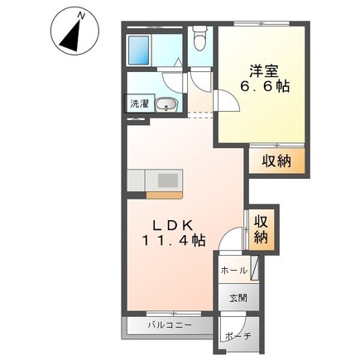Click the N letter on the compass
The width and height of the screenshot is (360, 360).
[81, 17]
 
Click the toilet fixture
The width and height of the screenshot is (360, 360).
[199, 38]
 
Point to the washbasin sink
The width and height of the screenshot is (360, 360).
[166, 105]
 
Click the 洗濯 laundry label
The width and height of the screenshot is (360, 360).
[140, 103]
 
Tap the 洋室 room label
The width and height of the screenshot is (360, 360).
[264, 71]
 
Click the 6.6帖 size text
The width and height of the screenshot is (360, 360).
[265, 87]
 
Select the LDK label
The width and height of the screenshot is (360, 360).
[173, 226]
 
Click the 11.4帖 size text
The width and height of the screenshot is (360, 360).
[174, 241]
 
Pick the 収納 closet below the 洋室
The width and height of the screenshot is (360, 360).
[277, 161]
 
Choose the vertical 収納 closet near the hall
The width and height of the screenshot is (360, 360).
[262, 229]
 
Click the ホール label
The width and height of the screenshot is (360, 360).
[233, 271]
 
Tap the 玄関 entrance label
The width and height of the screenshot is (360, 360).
[238, 298]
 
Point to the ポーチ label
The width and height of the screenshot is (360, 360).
[238, 336]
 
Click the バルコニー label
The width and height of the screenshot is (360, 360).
[170, 325]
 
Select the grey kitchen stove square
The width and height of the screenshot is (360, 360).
[168, 180]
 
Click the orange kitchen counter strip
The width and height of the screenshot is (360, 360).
[164, 195]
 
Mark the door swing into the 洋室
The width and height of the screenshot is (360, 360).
[227, 101]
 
